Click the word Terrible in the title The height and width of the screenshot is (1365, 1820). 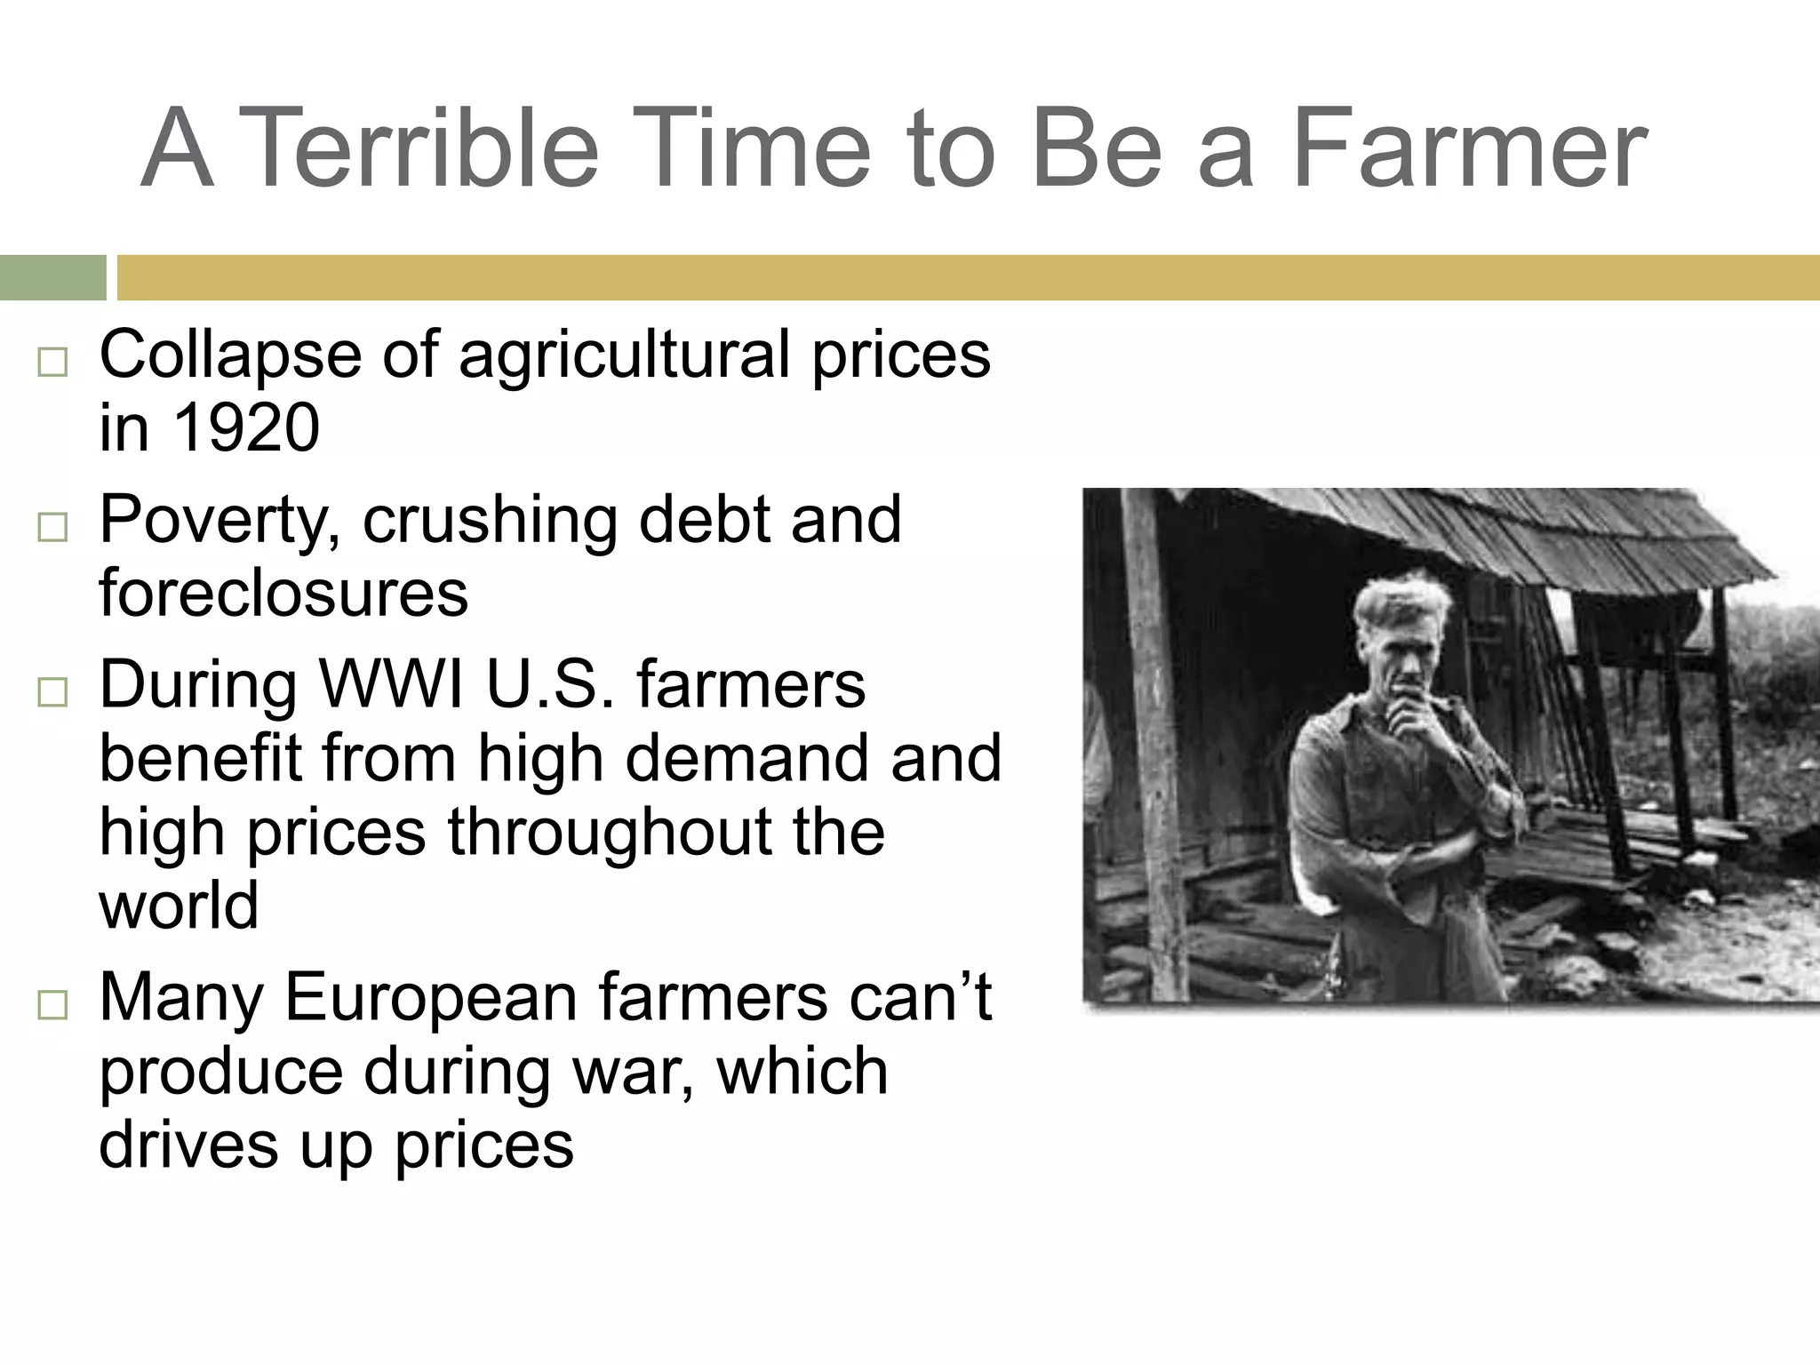click(419, 148)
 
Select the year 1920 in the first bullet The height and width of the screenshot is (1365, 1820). click(245, 427)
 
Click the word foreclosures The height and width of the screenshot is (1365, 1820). click(283, 594)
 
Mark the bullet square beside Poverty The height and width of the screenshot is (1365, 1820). click(52, 527)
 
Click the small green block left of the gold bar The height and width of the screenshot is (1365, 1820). click(52, 277)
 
